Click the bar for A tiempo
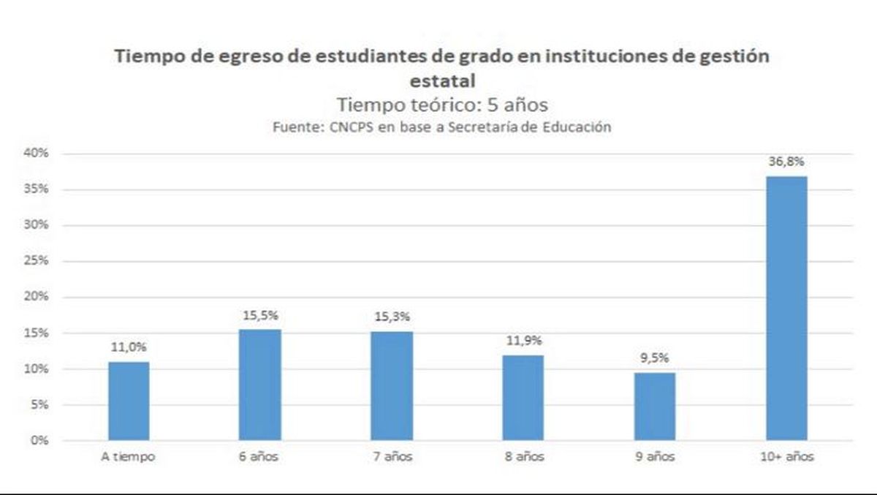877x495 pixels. click(129, 401)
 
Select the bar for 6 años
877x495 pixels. click(259, 385)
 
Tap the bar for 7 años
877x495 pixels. click(392, 385)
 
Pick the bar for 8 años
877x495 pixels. click(523, 398)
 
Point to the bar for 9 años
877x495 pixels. click(654, 407)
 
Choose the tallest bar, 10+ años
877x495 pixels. click(786, 308)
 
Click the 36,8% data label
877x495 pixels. click(786, 162)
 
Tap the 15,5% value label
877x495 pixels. click(260, 316)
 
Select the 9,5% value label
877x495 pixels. click(654, 358)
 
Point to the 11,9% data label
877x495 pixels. click(523, 341)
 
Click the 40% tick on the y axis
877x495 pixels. click(35, 154)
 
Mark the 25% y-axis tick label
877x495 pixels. click(35, 261)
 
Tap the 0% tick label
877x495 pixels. click(39, 440)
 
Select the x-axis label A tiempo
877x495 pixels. click(129, 457)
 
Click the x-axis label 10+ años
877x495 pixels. click(786, 457)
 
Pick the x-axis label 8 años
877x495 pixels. click(523, 457)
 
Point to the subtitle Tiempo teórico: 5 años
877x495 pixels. click(441, 103)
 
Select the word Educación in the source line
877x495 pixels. click(574, 126)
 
